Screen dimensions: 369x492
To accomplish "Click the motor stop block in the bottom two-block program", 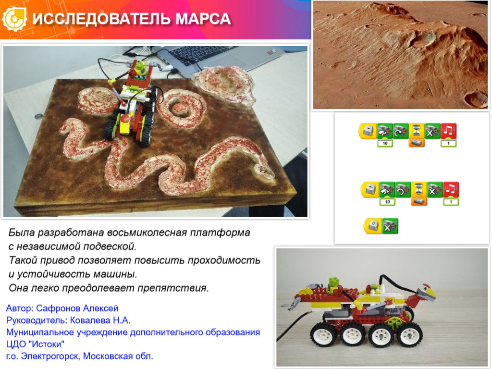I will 390,226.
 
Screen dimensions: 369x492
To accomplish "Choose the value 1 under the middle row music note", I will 451,202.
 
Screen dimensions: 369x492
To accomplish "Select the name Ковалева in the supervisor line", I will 92,320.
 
